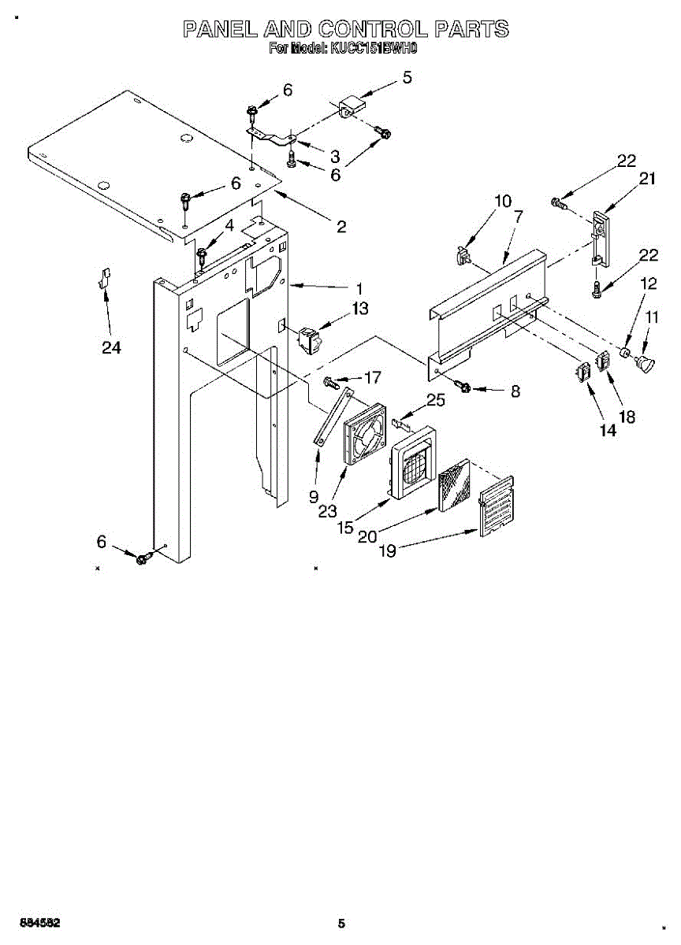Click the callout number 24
(111, 346)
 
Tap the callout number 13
(359, 309)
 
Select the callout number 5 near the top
(407, 77)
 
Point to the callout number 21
(647, 179)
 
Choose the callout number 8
(515, 391)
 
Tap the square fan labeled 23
(367, 435)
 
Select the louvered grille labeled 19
(497, 506)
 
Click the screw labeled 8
(464, 387)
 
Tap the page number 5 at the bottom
(340, 923)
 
